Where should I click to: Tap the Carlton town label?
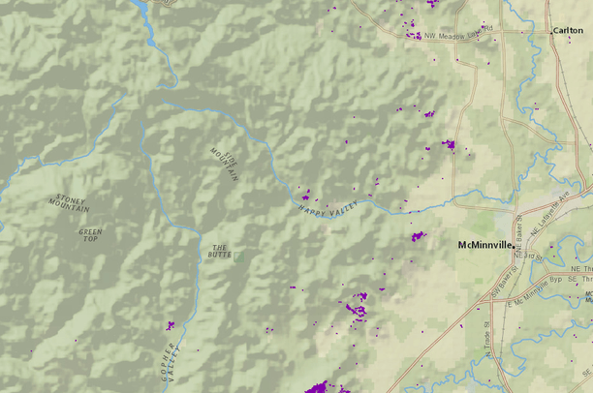pyautogui.click(x=568, y=31)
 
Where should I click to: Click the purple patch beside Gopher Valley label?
pyautogui.click(x=172, y=324)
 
